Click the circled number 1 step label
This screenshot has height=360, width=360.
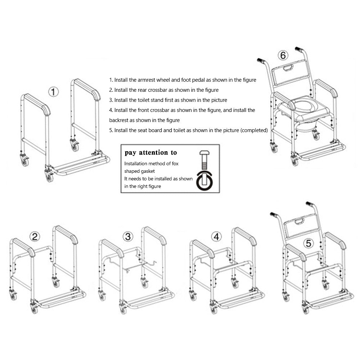[x=53, y=92]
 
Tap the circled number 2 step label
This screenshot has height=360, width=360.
[x=35, y=237]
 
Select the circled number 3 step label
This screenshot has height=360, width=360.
[x=128, y=237]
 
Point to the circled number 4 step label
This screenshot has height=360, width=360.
[x=216, y=237]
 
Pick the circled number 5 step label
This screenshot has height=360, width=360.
[x=308, y=243]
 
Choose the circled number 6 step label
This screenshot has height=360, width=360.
[x=283, y=55]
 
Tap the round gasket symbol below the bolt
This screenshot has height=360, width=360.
[x=204, y=182]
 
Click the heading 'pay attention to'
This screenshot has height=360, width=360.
[x=151, y=153]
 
